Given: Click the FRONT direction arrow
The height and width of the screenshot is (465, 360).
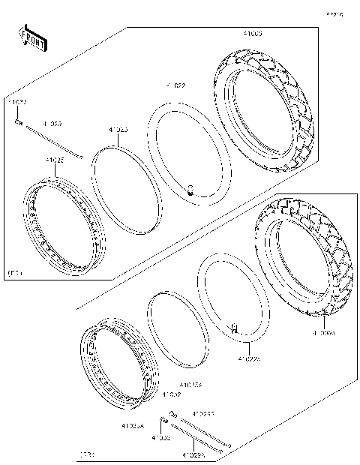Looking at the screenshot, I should tap(32, 38).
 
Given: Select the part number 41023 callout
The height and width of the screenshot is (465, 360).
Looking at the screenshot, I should tap(118, 130).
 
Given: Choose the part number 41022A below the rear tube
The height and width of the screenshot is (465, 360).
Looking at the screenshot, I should tap(248, 359).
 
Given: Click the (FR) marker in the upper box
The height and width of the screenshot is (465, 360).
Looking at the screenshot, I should tap(14, 273).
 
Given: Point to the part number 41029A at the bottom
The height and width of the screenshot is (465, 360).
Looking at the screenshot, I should tap(191, 454).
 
